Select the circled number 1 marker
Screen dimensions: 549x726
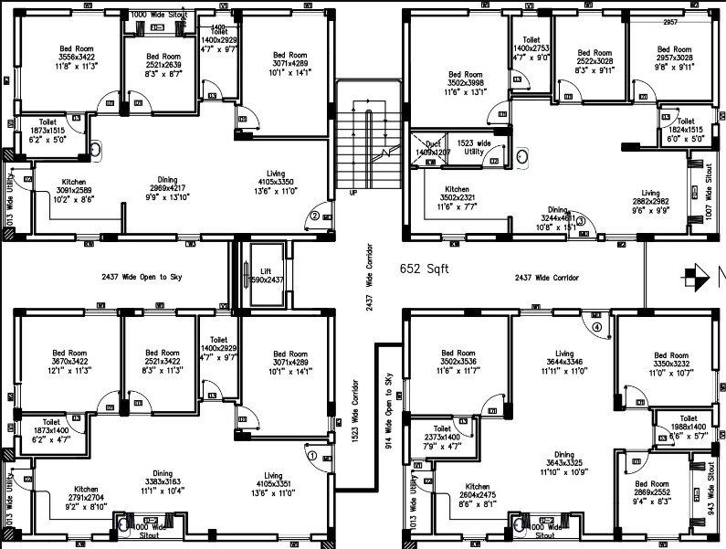pos(311,454)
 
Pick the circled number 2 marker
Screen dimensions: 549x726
pos(313,216)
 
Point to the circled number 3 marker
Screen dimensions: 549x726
pos(580,219)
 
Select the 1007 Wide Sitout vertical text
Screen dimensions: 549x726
pos(709,188)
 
